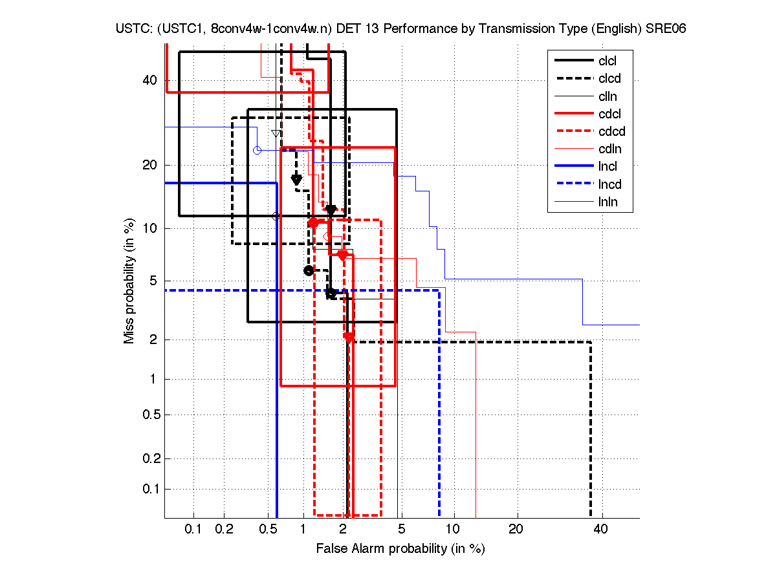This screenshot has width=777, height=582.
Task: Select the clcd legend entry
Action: pos(609,79)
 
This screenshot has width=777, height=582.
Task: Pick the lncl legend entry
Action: pos(608,167)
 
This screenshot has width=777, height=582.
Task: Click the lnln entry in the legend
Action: pos(608,202)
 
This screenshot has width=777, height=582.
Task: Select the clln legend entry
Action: pos(607,97)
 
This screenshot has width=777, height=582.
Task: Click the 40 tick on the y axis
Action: pos(149,80)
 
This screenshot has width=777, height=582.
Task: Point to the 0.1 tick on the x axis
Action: pos(193,530)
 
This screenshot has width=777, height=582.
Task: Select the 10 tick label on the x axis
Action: pos(454,530)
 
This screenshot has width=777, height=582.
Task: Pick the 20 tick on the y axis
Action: pos(149,165)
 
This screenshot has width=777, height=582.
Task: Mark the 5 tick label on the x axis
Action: pos(401,530)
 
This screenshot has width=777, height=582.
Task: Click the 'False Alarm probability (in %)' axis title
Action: pos(400,549)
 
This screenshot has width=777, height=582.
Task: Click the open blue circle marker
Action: pos(257,150)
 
